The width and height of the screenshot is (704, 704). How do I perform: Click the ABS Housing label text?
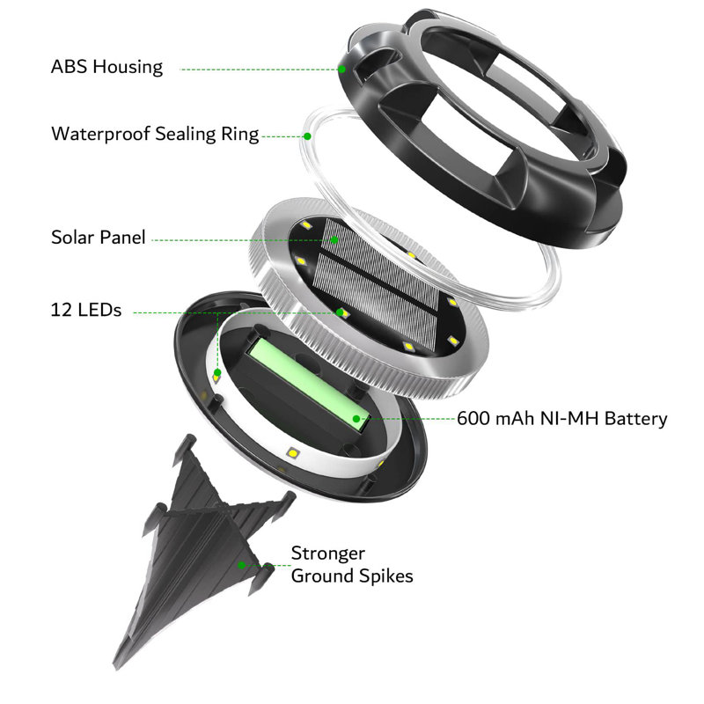tap(106, 68)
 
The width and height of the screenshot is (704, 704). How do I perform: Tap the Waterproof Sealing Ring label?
tap(155, 135)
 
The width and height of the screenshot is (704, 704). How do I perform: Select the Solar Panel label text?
tap(99, 237)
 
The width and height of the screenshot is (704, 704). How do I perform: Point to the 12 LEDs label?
tap(85, 310)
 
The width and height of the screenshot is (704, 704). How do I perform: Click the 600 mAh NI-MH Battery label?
tap(562, 419)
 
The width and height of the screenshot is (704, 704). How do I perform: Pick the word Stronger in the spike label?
tap(327, 554)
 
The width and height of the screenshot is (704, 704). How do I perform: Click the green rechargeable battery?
tap(309, 383)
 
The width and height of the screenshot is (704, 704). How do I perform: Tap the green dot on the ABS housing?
tap(341, 70)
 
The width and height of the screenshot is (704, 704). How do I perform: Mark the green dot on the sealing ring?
tap(307, 136)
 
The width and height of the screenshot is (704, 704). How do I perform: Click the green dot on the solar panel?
tap(334, 239)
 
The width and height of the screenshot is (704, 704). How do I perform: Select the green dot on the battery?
tap(356, 419)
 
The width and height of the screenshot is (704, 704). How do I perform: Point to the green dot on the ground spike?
tap(241, 565)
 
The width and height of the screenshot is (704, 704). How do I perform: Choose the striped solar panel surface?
tap(378, 282)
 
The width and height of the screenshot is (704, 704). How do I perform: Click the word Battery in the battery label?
tap(635, 419)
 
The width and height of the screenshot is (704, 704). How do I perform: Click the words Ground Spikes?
tap(352, 576)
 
